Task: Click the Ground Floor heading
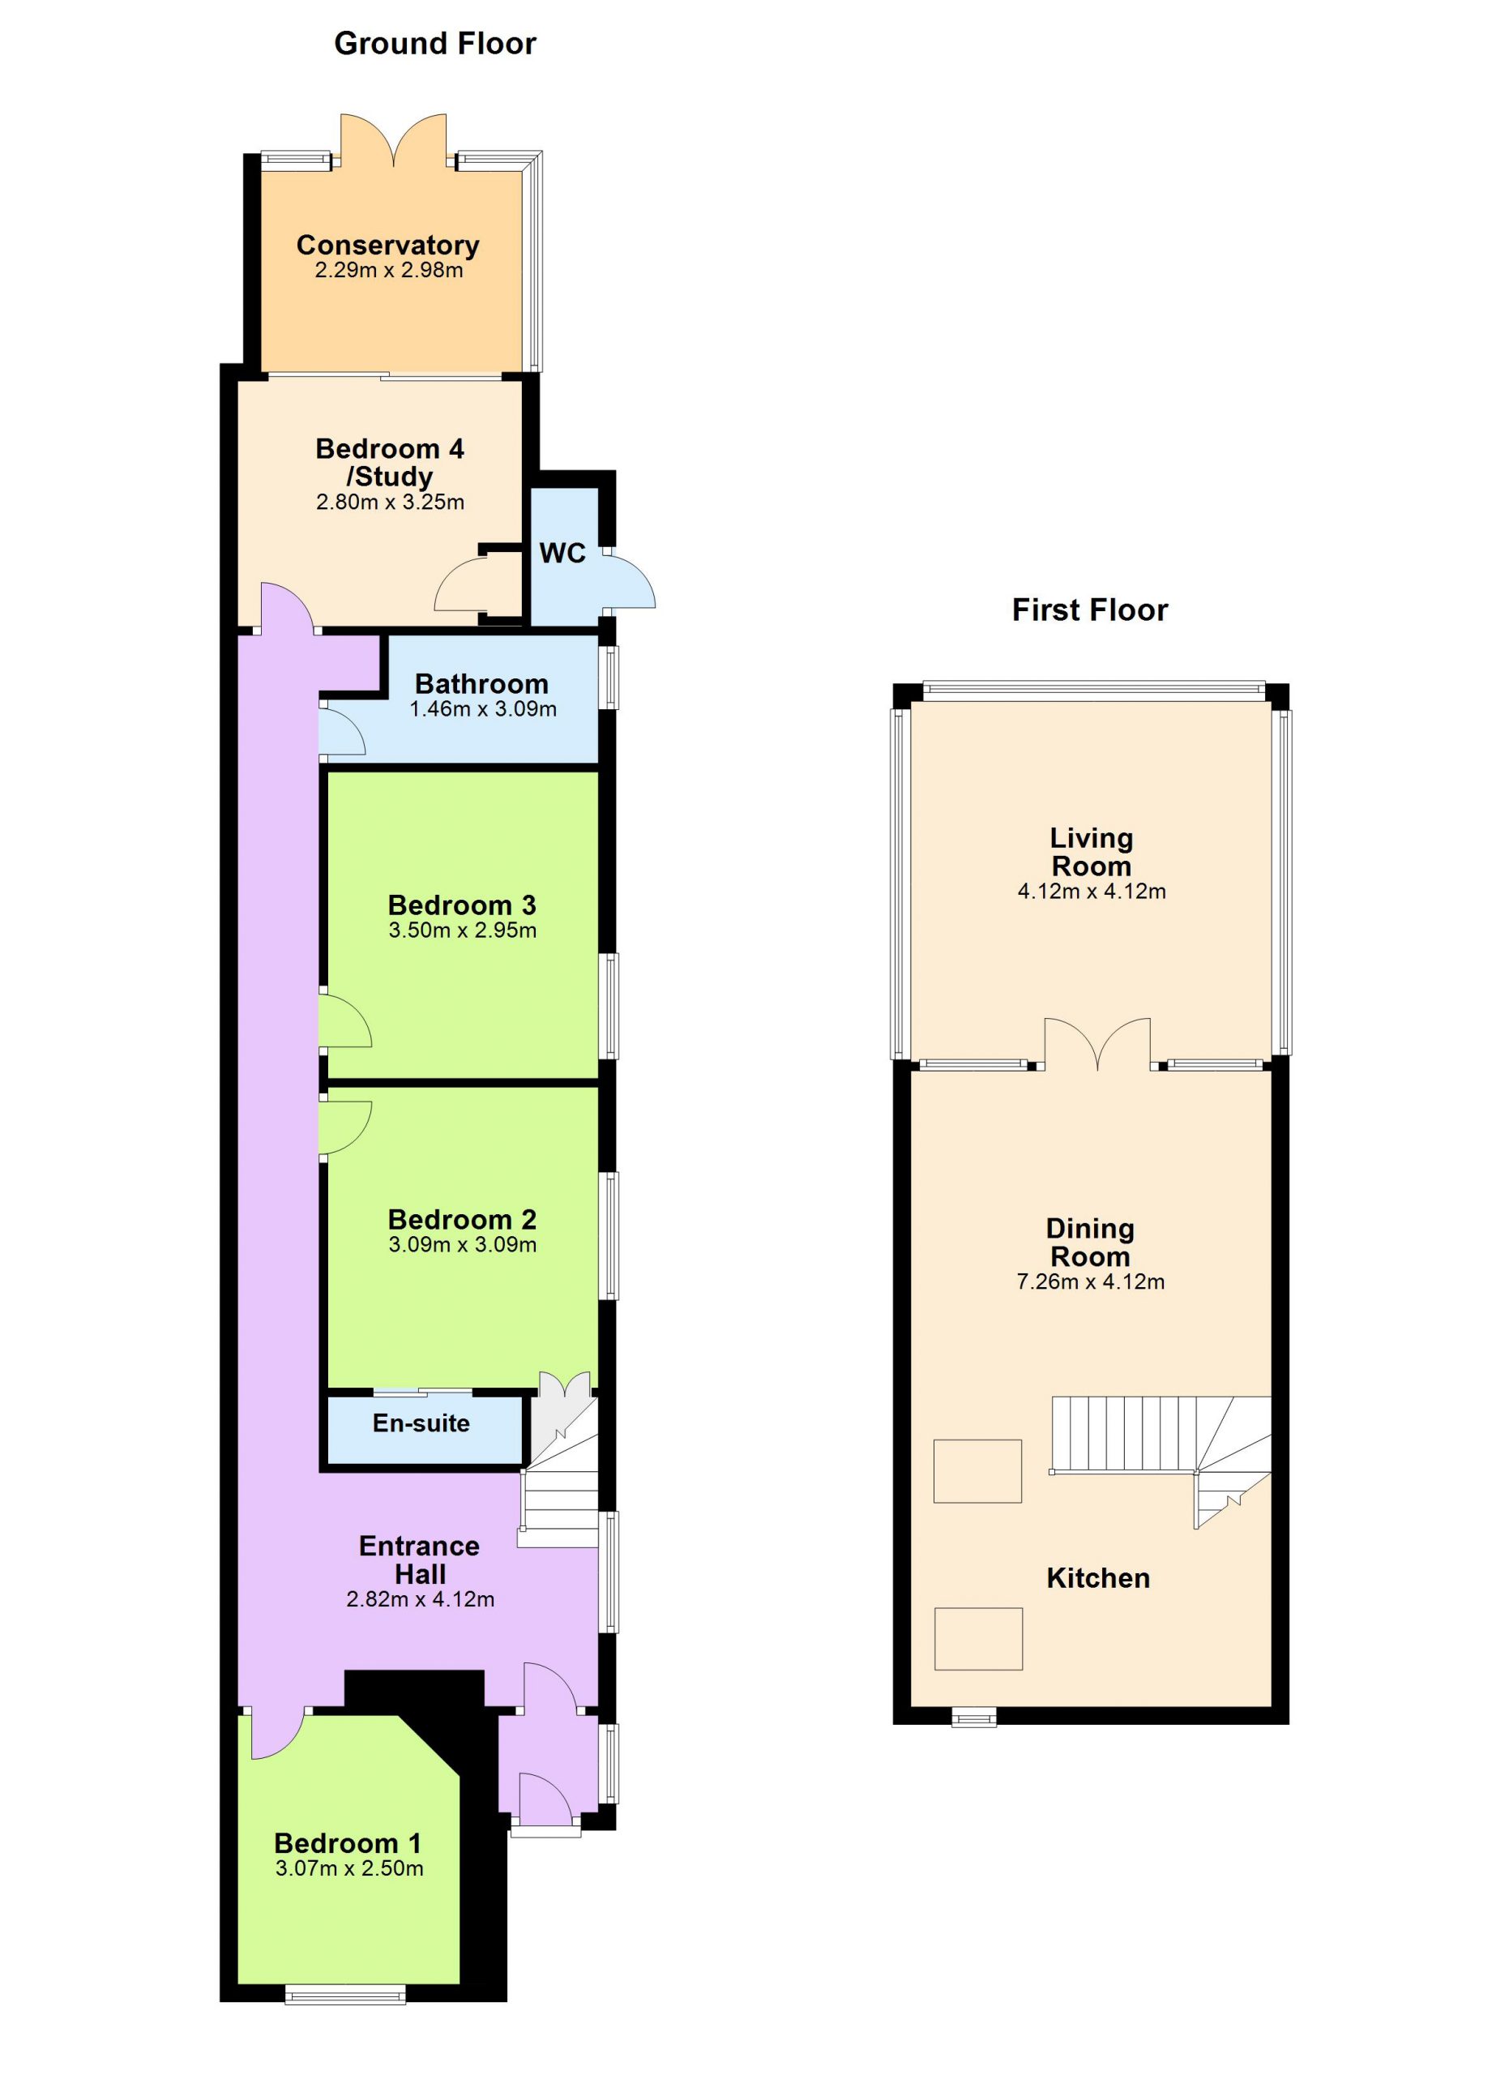click(434, 43)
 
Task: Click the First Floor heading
click(1089, 610)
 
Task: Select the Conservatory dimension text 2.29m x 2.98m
click(389, 271)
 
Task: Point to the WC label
click(562, 553)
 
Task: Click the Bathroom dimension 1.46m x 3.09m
click(483, 709)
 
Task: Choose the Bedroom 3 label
click(462, 905)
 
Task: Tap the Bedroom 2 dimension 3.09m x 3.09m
click(463, 1244)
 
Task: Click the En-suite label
click(421, 1423)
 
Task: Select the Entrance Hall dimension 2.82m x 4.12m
click(421, 1599)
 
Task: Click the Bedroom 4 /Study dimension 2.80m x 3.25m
click(391, 503)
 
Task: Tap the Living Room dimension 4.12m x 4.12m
click(1092, 891)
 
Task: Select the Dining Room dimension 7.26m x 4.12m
click(1091, 1281)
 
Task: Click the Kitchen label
click(1098, 1577)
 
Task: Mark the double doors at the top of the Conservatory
click(393, 140)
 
